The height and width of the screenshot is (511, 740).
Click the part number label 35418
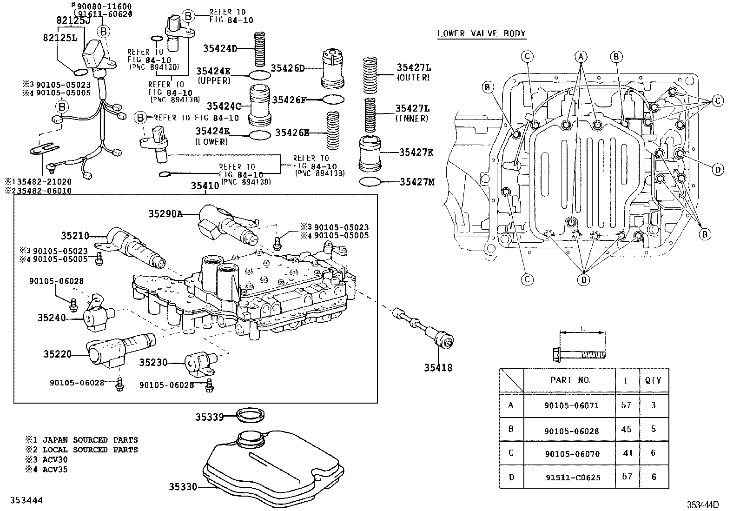[x=437, y=368]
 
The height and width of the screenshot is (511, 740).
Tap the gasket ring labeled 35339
[x=251, y=416]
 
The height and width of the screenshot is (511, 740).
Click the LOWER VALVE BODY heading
[x=481, y=33]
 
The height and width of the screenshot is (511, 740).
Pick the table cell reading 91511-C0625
[x=571, y=477]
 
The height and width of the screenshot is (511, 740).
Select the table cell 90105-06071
[x=571, y=405]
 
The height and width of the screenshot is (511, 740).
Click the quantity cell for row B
[x=653, y=429]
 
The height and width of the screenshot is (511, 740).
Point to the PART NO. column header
[x=571, y=380]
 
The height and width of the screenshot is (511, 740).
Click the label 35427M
[x=417, y=182]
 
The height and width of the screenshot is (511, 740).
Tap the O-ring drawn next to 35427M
[x=370, y=181]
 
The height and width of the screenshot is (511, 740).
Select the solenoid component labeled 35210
[x=135, y=246]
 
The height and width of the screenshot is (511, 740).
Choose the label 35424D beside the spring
[x=220, y=48]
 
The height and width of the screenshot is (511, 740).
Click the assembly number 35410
[x=205, y=186]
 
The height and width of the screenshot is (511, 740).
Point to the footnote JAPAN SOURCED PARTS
[x=90, y=439]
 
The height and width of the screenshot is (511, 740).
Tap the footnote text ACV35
[x=55, y=470]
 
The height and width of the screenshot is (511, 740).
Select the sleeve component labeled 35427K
[x=370, y=153]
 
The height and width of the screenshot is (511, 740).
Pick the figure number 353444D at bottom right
[x=703, y=505]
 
